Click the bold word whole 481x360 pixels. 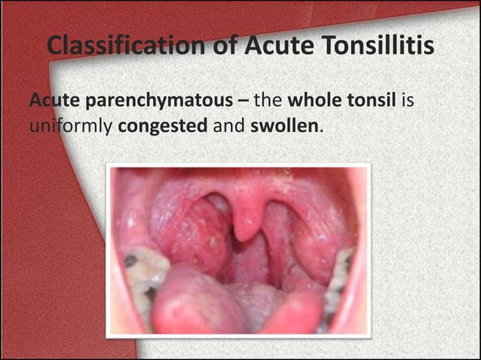pos(314,100)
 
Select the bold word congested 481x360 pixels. pos(163,125)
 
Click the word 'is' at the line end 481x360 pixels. pos(408,100)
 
